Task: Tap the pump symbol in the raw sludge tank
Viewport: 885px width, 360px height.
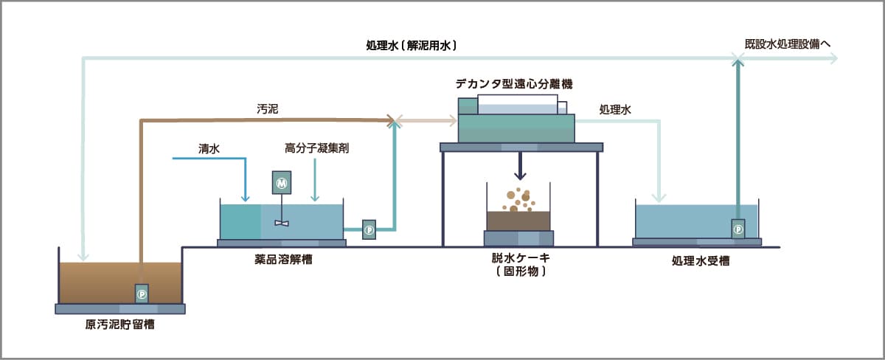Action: (x=142, y=294)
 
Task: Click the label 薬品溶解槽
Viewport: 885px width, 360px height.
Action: (x=282, y=258)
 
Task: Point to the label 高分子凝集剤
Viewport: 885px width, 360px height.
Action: (x=316, y=148)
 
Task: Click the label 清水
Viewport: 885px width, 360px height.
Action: (x=209, y=148)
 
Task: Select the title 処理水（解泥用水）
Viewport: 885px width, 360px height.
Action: (x=412, y=45)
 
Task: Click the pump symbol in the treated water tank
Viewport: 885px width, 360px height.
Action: (x=738, y=229)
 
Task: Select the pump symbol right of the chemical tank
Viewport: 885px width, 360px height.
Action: (x=369, y=229)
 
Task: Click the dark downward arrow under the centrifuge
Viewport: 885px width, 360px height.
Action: (x=521, y=174)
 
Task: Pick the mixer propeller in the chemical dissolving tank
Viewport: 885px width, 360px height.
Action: (x=282, y=222)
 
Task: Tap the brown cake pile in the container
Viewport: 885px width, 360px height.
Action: (x=518, y=219)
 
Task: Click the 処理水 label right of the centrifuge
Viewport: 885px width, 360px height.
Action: (x=615, y=109)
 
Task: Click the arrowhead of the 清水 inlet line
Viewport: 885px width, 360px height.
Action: (x=246, y=198)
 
